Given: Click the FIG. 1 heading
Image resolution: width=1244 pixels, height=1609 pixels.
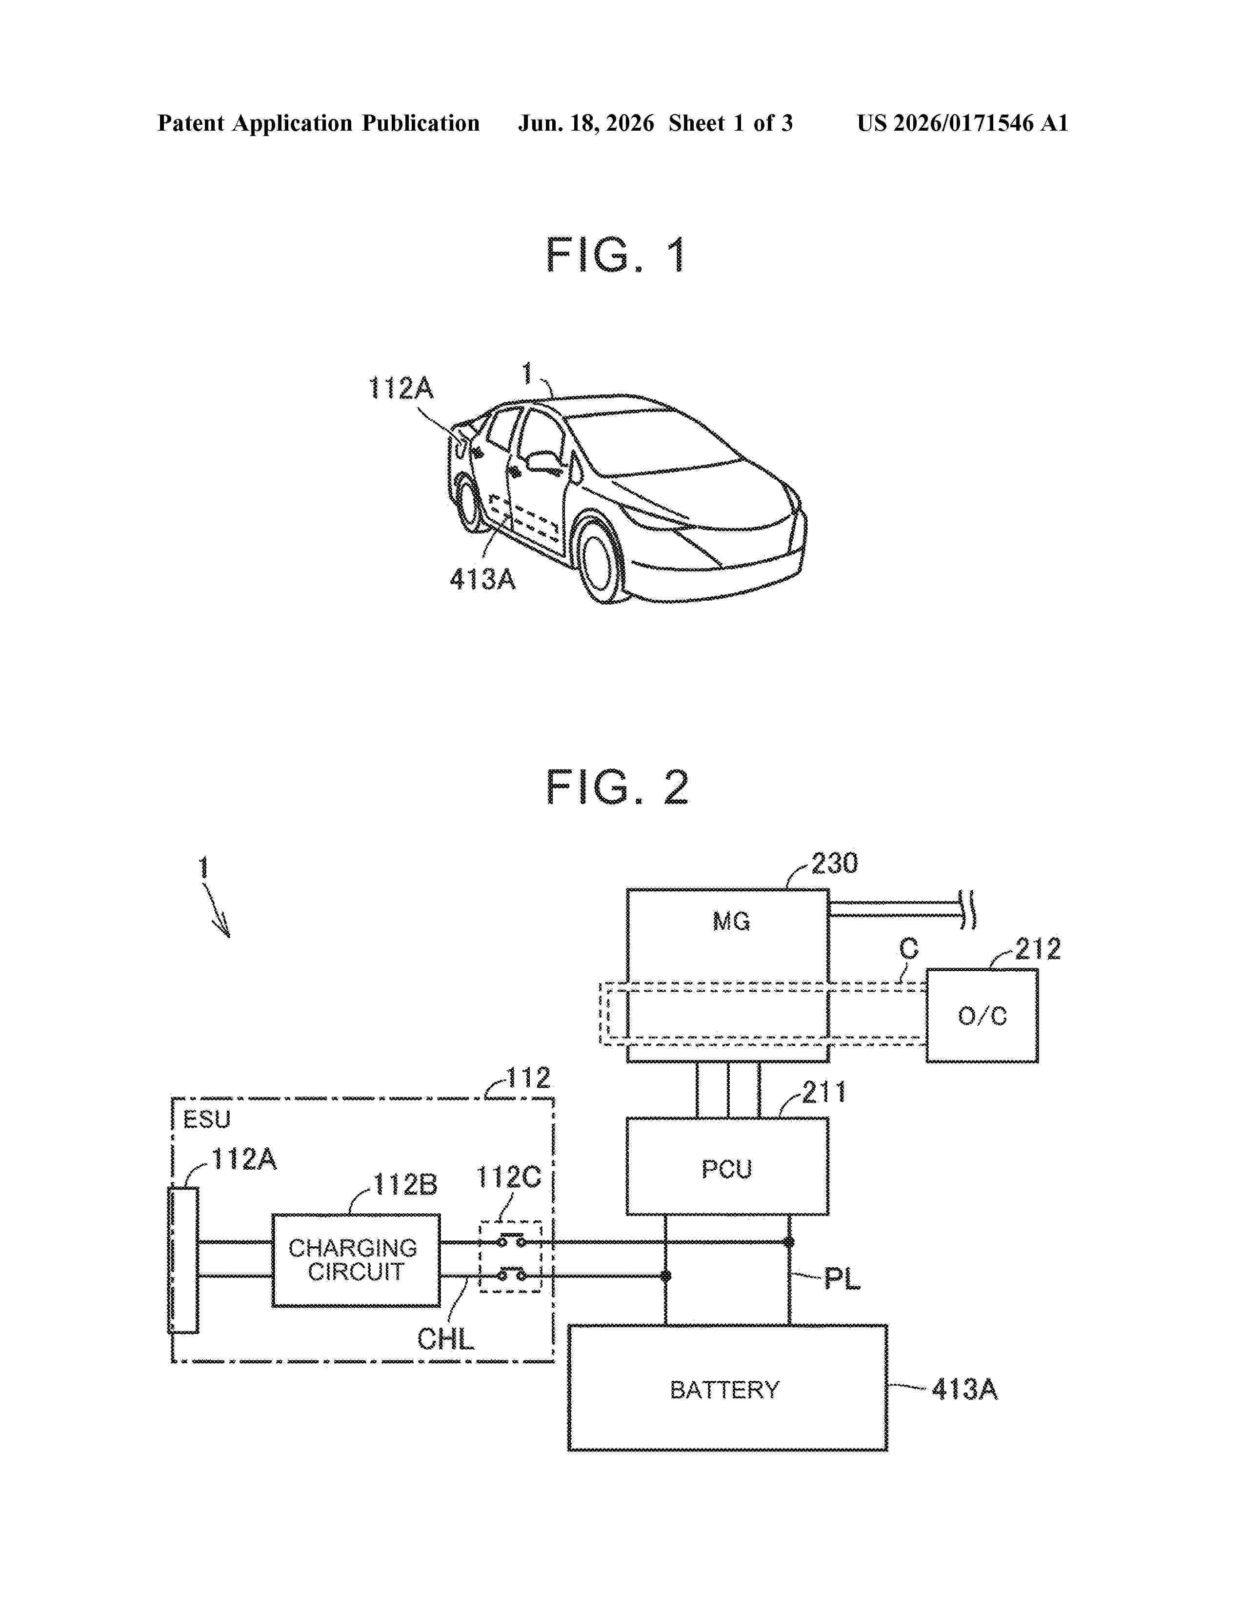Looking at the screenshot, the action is (x=616, y=255).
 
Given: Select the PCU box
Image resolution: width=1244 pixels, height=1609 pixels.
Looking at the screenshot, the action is (x=727, y=1169).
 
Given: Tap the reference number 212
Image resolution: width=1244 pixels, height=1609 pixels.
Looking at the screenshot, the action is (x=1038, y=949).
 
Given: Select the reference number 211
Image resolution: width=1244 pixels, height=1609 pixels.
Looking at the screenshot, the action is (x=824, y=1093).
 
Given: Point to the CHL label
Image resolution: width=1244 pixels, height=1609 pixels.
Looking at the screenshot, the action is (x=445, y=1338).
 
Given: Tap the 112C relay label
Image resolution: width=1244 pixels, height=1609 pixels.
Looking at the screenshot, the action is (x=508, y=1178).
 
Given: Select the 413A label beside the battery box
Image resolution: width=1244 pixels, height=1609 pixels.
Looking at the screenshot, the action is (x=964, y=1390).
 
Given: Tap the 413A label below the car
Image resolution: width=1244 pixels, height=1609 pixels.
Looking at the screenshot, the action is (x=482, y=580).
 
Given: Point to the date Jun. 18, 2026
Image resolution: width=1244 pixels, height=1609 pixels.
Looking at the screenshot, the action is (x=586, y=123).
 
